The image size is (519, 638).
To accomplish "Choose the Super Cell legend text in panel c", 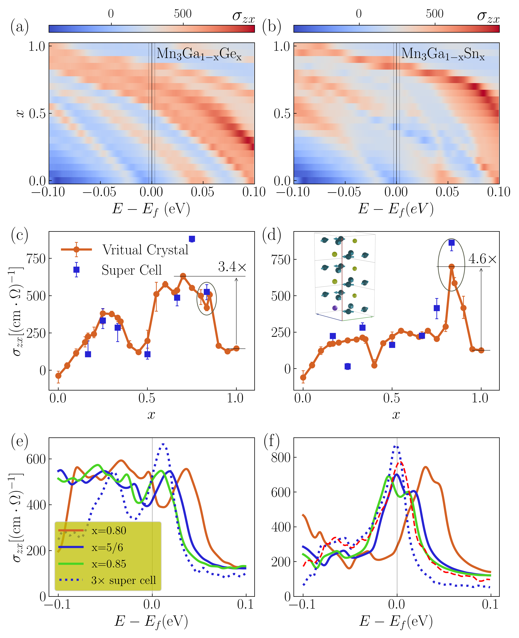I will (132, 270).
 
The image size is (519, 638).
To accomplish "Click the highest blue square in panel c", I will (192, 239).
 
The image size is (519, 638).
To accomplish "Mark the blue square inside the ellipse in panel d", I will (451, 243).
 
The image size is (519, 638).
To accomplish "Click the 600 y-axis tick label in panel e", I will (36, 459).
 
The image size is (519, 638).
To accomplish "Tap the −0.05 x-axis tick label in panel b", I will (344, 192).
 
